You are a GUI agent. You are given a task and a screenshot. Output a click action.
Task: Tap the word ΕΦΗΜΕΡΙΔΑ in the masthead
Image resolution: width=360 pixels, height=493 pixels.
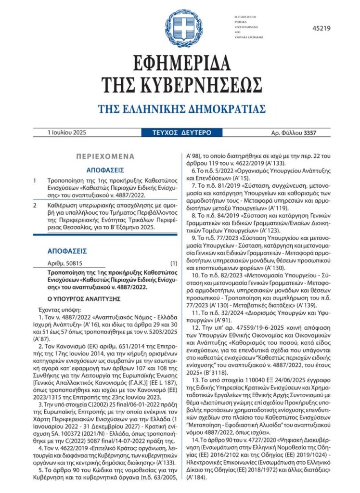pyautogui.click(x=180, y=62)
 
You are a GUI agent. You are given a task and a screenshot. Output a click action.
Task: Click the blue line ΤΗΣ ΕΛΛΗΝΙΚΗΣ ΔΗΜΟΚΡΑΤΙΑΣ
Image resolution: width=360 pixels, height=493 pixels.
pyautogui.click(x=181, y=107)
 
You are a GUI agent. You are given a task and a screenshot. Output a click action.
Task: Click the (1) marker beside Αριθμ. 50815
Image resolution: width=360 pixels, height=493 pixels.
pyautogui.click(x=174, y=264)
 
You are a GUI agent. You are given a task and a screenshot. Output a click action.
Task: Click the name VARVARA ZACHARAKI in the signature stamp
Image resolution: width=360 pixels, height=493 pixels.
pyautogui.click(x=248, y=37)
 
